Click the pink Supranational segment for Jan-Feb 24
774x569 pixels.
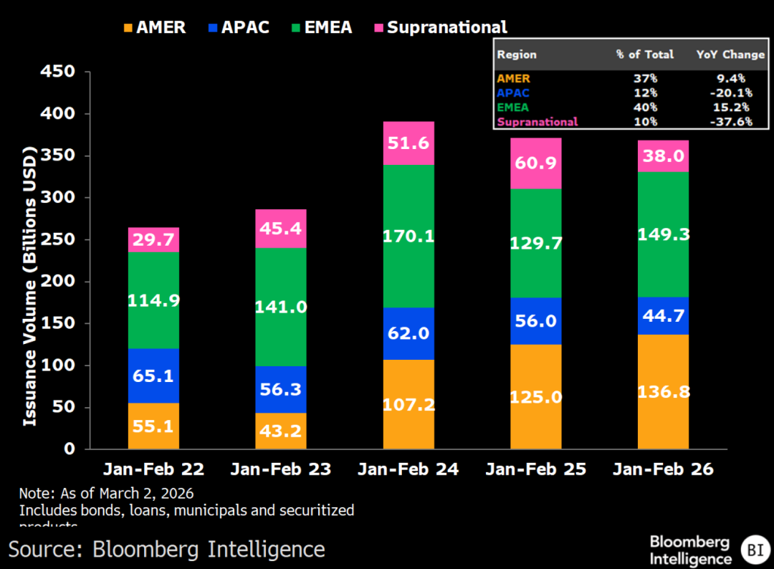point(408,143)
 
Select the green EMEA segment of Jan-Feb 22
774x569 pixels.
point(153,301)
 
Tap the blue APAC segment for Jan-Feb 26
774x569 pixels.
point(663,316)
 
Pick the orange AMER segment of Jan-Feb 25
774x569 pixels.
point(536,396)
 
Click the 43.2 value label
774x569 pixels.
point(281,432)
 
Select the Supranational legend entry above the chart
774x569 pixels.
point(440,28)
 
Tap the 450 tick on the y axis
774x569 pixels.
point(59,72)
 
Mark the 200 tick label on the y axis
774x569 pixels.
point(59,282)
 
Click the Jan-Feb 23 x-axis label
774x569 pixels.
point(281,469)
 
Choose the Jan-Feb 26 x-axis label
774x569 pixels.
point(663,469)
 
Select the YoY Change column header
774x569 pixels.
point(730,54)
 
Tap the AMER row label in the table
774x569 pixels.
point(513,79)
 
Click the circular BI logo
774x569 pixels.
point(755,550)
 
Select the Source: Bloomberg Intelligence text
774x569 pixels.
point(166,550)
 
